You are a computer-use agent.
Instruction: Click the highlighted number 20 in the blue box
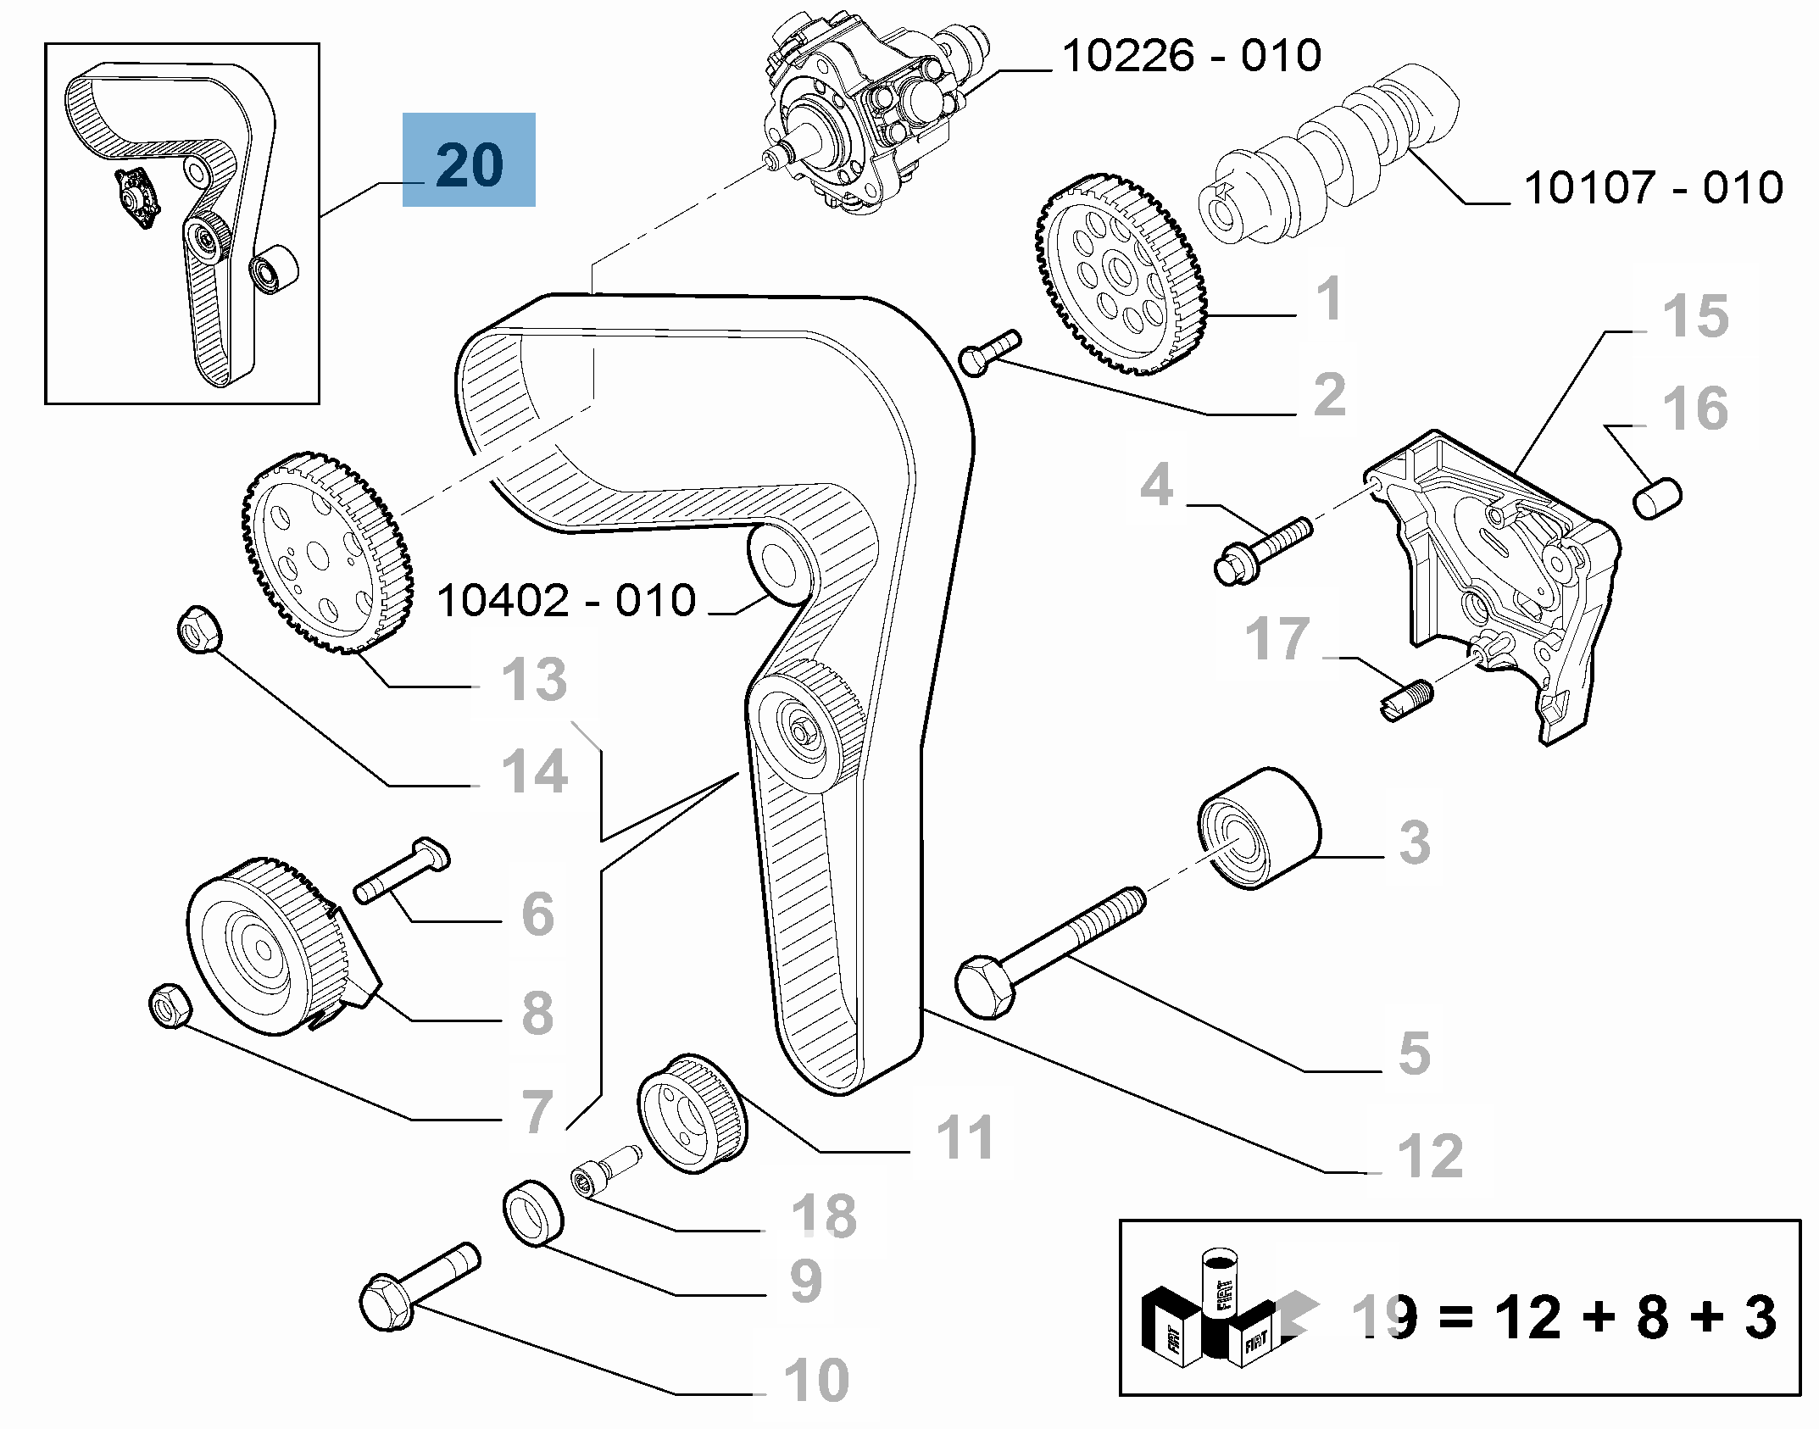pos(470,164)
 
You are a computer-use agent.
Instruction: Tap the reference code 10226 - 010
pos(1191,56)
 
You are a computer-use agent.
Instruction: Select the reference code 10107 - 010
pos(1654,187)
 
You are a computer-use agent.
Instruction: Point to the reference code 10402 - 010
pos(566,600)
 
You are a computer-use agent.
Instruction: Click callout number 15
pos(1695,316)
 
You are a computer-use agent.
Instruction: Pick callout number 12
pos(1430,1155)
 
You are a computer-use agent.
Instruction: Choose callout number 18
pos(824,1215)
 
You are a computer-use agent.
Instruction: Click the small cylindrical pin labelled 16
pos(1657,498)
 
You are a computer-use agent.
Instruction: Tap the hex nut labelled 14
pos(199,629)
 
